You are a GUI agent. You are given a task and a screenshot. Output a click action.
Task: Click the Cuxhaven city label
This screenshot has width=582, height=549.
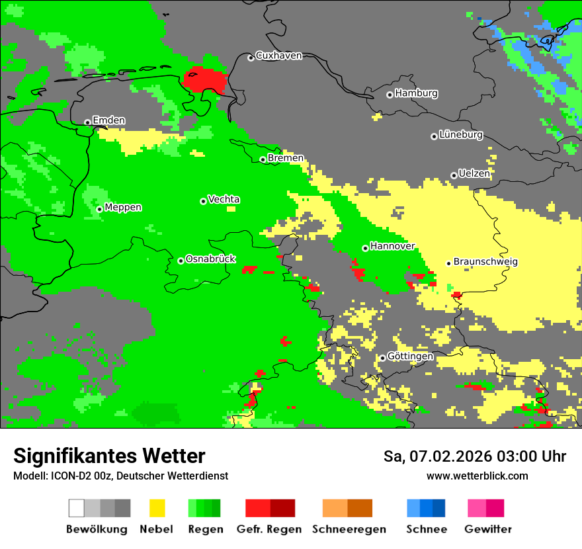tap(278, 56)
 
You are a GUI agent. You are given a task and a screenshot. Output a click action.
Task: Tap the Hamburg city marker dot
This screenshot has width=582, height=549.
tap(390, 95)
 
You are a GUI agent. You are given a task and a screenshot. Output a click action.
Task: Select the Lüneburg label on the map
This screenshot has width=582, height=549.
tap(461, 134)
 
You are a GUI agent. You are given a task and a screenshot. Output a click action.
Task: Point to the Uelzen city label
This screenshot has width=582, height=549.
tap(474, 173)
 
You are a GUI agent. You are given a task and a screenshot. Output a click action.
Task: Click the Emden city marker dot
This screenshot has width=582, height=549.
tap(87, 122)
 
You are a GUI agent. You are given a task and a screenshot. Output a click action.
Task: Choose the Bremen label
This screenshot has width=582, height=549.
tap(286, 158)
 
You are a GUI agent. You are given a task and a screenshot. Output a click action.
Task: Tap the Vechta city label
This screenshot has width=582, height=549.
tap(224, 199)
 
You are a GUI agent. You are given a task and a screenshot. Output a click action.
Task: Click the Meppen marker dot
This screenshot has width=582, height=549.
tap(99, 209)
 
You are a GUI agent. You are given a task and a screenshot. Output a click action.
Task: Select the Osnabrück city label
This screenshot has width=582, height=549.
tap(210, 259)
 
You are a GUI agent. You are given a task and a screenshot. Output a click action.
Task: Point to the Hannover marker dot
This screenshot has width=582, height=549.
tap(365, 248)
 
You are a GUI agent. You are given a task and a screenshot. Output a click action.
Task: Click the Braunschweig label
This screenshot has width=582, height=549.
tap(485, 261)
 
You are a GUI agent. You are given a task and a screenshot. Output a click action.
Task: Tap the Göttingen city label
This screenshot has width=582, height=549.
tap(410, 356)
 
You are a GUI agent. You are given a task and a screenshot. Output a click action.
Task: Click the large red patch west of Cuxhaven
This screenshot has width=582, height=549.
tap(206, 80)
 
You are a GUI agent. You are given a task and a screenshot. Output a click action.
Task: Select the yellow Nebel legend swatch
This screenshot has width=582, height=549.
tap(157, 508)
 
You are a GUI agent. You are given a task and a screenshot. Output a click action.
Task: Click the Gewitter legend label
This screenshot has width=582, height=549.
tap(488, 529)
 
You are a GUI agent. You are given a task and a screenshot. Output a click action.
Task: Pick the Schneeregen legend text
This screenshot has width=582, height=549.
tap(349, 529)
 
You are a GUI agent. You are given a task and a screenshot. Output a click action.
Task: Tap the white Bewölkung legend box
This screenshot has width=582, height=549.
tap(76, 508)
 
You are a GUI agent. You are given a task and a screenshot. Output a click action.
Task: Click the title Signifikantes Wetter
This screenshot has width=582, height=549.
tap(109, 456)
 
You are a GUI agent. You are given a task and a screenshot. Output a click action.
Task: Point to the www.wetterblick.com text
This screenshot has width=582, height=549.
tap(477, 476)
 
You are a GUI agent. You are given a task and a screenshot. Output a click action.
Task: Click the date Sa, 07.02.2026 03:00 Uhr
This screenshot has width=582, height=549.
tap(474, 456)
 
